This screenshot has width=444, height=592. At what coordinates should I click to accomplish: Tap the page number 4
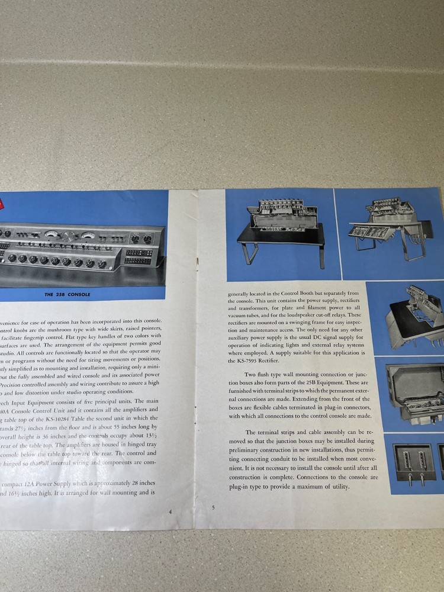pyautogui.click(x=170, y=511)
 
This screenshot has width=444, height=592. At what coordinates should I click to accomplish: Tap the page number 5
pyautogui.click(x=213, y=507)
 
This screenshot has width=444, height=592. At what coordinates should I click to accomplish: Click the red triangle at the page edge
pyautogui.click(x=2, y=205)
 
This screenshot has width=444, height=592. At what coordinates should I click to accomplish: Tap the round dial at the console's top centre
pyautogui.click(x=69, y=235)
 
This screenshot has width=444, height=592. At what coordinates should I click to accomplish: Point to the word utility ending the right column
pyautogui.click(x=340, y=487)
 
